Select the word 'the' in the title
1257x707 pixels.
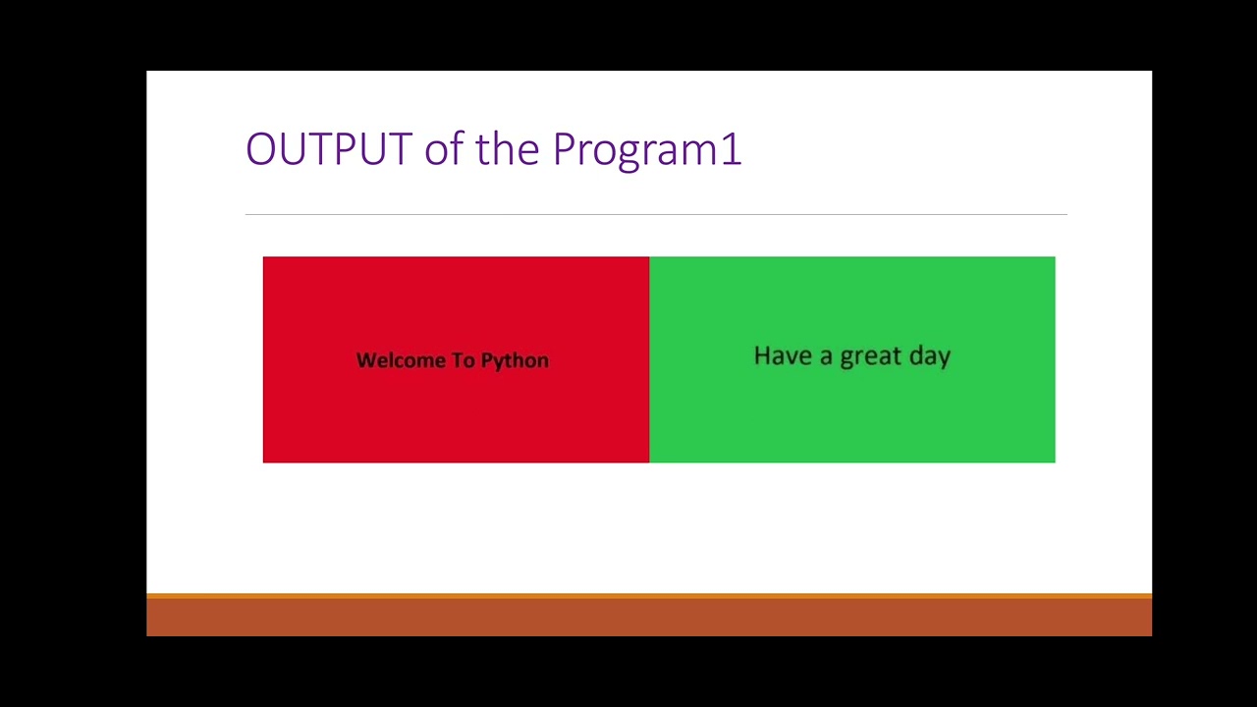click(x=508, y=149)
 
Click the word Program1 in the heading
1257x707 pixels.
click(x=646, y=149)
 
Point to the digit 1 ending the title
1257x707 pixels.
click(x=732, y=149)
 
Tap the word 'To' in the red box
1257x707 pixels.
click(x=464, y=360)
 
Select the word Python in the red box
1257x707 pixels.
click(x=515, y=361)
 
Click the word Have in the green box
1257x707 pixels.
click(x=780, y=355)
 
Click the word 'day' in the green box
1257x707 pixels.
click(x=930, y=357)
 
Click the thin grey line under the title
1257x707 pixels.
click(x=656, y=214)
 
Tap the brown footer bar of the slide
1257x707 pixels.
click(x=648, y=618)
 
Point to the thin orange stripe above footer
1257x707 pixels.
click(x=648, y=595)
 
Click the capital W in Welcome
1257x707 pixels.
click(x=365, y=360)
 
